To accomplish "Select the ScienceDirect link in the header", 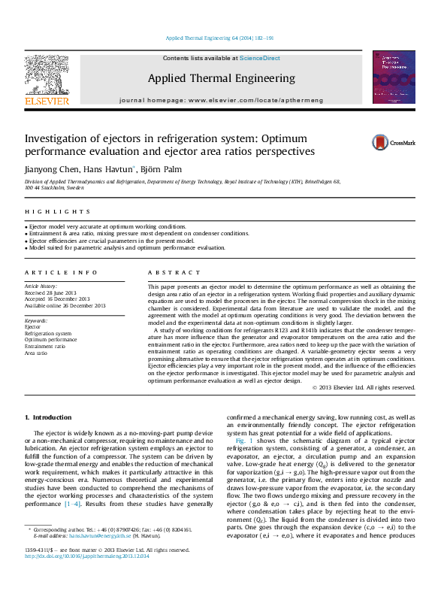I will pyautogui.click(x=260, y=58).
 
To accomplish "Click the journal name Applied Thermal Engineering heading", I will pyautogui.click(x=221, y=78).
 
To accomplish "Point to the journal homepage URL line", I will pyautogui.click(x=221, y=100).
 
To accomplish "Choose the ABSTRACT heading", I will pyautogui.click(x=174, y=272).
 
